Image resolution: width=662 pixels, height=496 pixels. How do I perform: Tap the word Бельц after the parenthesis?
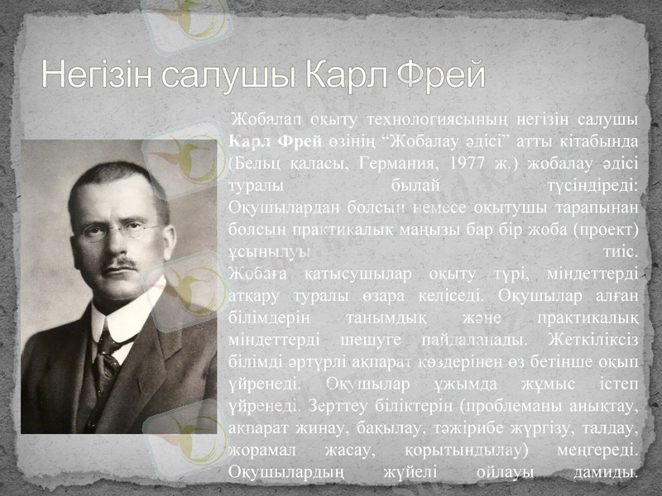257,159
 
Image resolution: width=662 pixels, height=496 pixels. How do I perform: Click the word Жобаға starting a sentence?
257,272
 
